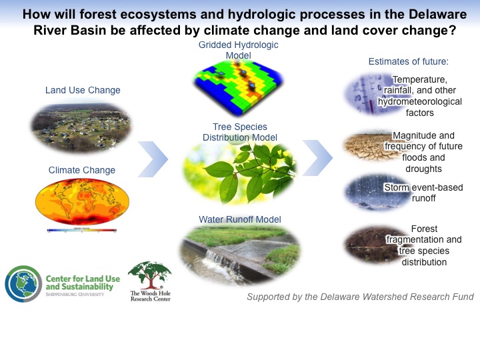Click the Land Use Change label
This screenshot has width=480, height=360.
coord(83,90)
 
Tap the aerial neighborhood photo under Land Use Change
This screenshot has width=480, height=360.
coord(81,128)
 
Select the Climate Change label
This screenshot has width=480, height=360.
coord(82,170)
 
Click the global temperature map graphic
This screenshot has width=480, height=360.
coord(83,201)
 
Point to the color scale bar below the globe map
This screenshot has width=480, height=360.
coord(82,230)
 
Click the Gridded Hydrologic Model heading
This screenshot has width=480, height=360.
coord(239,50)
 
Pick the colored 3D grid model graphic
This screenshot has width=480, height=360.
coord(239,87)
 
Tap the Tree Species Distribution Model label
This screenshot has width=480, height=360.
coord(240,132)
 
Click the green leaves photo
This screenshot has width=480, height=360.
coord(240,173)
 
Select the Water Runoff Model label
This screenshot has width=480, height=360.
coord(240,219)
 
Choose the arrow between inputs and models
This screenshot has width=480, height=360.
coord(153,159)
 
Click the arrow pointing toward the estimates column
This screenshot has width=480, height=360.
coord(317,158)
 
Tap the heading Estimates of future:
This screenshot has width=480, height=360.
coord(409,61)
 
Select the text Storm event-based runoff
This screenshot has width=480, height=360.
coord(424,193)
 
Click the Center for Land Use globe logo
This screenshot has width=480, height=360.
coord(23,284)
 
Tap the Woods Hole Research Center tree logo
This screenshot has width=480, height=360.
coord(150,281)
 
